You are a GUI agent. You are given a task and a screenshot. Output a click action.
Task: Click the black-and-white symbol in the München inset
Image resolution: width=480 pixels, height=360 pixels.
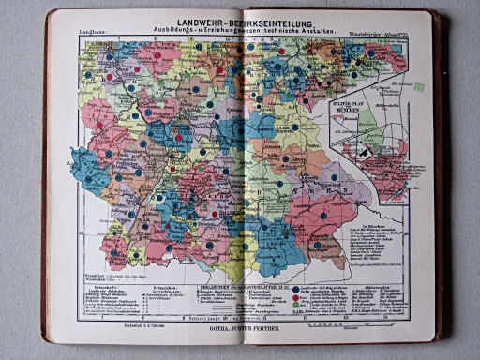364,149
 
